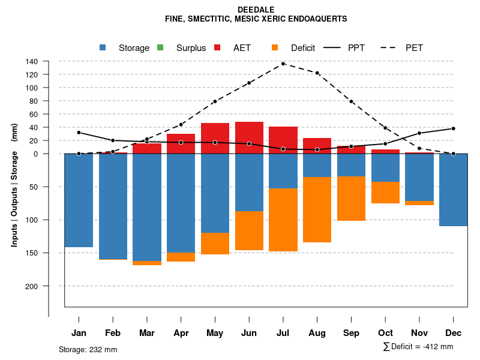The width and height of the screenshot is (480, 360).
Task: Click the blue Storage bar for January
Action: [79, 200]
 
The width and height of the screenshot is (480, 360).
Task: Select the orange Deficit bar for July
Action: [283, 220]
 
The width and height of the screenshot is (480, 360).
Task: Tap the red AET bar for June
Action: [249, 137]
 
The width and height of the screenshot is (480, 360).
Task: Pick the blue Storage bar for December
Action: [454, 190]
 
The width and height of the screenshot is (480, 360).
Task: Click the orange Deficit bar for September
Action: [351, 199]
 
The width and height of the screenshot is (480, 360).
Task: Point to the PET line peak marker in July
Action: [283, 64]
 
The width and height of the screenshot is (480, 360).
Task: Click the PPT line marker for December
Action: [454, 128]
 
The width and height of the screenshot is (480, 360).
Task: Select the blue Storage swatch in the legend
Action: [103, 47]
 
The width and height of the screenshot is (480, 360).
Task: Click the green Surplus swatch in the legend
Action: [160, 47]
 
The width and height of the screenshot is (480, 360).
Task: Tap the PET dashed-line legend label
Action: [414, 48]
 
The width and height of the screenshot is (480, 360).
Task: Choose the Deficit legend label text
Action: [303, 48]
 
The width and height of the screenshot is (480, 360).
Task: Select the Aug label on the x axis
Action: [317, 333]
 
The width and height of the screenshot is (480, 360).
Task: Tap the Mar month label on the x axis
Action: [147, 333]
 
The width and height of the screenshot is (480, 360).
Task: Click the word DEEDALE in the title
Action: [256, 10]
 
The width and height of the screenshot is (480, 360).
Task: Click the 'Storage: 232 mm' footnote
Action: [88, 349]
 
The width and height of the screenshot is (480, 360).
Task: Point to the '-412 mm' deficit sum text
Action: [438, 347]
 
